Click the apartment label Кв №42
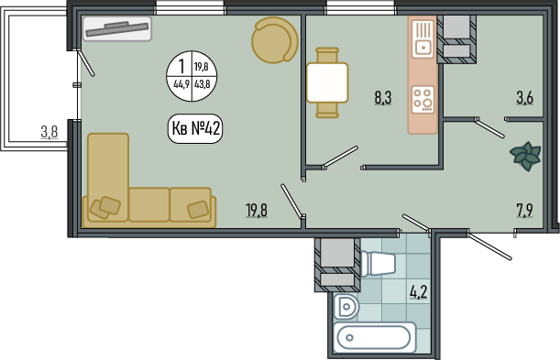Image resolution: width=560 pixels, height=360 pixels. click(x=195, y=128)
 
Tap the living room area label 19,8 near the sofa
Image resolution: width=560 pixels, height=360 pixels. click(x=257, y=210)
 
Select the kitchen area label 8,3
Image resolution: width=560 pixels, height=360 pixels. click(x=383, y=97)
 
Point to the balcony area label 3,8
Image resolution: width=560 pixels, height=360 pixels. click(x=49, y=132)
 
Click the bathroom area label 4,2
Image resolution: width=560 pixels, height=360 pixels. click(x=419, y=292)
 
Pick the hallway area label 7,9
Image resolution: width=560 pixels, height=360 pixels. click(x=524, y=211)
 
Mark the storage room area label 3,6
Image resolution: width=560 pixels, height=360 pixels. click(x=525, y=97)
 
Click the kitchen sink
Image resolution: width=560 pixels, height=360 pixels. click(x=423, y=39)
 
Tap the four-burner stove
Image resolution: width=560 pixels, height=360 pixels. click(x=423, y=100)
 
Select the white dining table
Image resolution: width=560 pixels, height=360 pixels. click(x=327, y=82)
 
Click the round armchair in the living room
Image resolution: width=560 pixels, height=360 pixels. click(x=275, y=40)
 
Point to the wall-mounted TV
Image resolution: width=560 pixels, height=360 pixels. click(x=117, y=29)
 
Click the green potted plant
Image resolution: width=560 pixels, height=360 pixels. click(x=525, y=156)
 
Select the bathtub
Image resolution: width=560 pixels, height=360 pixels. click(x=375, y=337)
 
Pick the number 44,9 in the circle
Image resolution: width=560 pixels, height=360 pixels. click(x=181, y=85)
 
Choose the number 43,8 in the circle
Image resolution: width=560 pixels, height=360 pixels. click(x=202, y=85)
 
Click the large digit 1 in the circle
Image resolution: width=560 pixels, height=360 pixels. click(x=181, y=66)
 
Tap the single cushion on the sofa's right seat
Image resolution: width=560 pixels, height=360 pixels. click(x=198, y=210)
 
